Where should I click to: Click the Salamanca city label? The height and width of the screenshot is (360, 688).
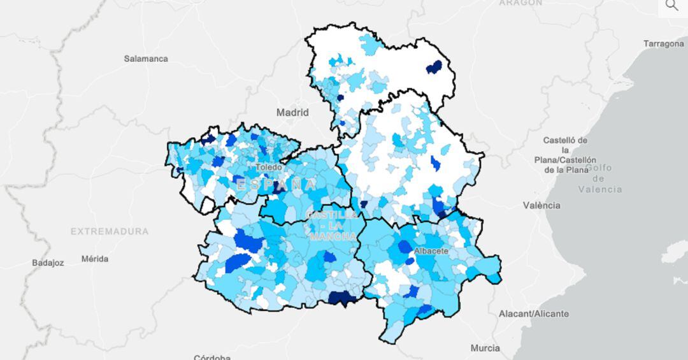(146, 59)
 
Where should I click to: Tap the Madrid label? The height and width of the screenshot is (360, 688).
(292, 112)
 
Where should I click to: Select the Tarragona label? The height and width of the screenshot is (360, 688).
(663, 44)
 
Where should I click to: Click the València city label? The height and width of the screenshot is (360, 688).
(541, 205)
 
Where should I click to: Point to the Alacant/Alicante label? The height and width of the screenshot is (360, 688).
(533, 313)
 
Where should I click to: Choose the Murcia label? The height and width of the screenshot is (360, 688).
(485, 348)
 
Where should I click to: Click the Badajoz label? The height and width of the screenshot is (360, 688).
(48, 263)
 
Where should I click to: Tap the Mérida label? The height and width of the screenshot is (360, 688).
(95, 259)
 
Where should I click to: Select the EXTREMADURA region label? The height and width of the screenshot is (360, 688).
(110, 231)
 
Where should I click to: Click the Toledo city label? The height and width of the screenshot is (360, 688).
(268, 167)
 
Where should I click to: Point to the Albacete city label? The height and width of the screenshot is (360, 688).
(431, 251)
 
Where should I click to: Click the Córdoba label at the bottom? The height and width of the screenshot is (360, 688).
(212, 357)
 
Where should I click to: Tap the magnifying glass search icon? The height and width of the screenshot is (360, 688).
(671, 6)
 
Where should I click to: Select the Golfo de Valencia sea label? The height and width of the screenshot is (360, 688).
(599, 178)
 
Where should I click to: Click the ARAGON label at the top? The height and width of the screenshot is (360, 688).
(520, 3)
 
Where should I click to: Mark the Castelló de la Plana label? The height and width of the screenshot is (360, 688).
(565, 155)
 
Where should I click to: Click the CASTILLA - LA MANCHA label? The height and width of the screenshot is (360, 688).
(332, 226)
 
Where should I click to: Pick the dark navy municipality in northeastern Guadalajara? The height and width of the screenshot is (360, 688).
(434, 66)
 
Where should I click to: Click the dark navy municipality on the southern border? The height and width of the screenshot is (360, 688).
(343, 298)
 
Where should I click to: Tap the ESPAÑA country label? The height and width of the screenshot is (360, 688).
(276, 185)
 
